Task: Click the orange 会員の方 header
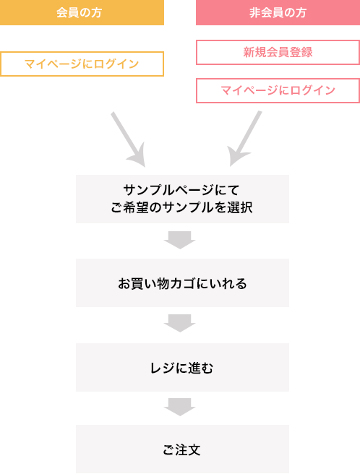[82, 12]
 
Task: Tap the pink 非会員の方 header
[278, 12]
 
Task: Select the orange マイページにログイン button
[82, 64]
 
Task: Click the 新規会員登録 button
[278, 52]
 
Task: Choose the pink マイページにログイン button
[278, 91]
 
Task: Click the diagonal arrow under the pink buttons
[244, 139]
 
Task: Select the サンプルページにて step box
[182, 199]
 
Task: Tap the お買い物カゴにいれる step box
[182, 283]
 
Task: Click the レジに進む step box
[182, 367]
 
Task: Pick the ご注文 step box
[182, 449]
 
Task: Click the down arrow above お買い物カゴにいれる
[180, 240]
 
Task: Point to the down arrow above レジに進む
[180, 323]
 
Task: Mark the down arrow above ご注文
[180, 408]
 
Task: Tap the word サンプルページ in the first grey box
[168, 190]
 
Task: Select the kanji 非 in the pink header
[254, 13]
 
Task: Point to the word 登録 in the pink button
[301, 52]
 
